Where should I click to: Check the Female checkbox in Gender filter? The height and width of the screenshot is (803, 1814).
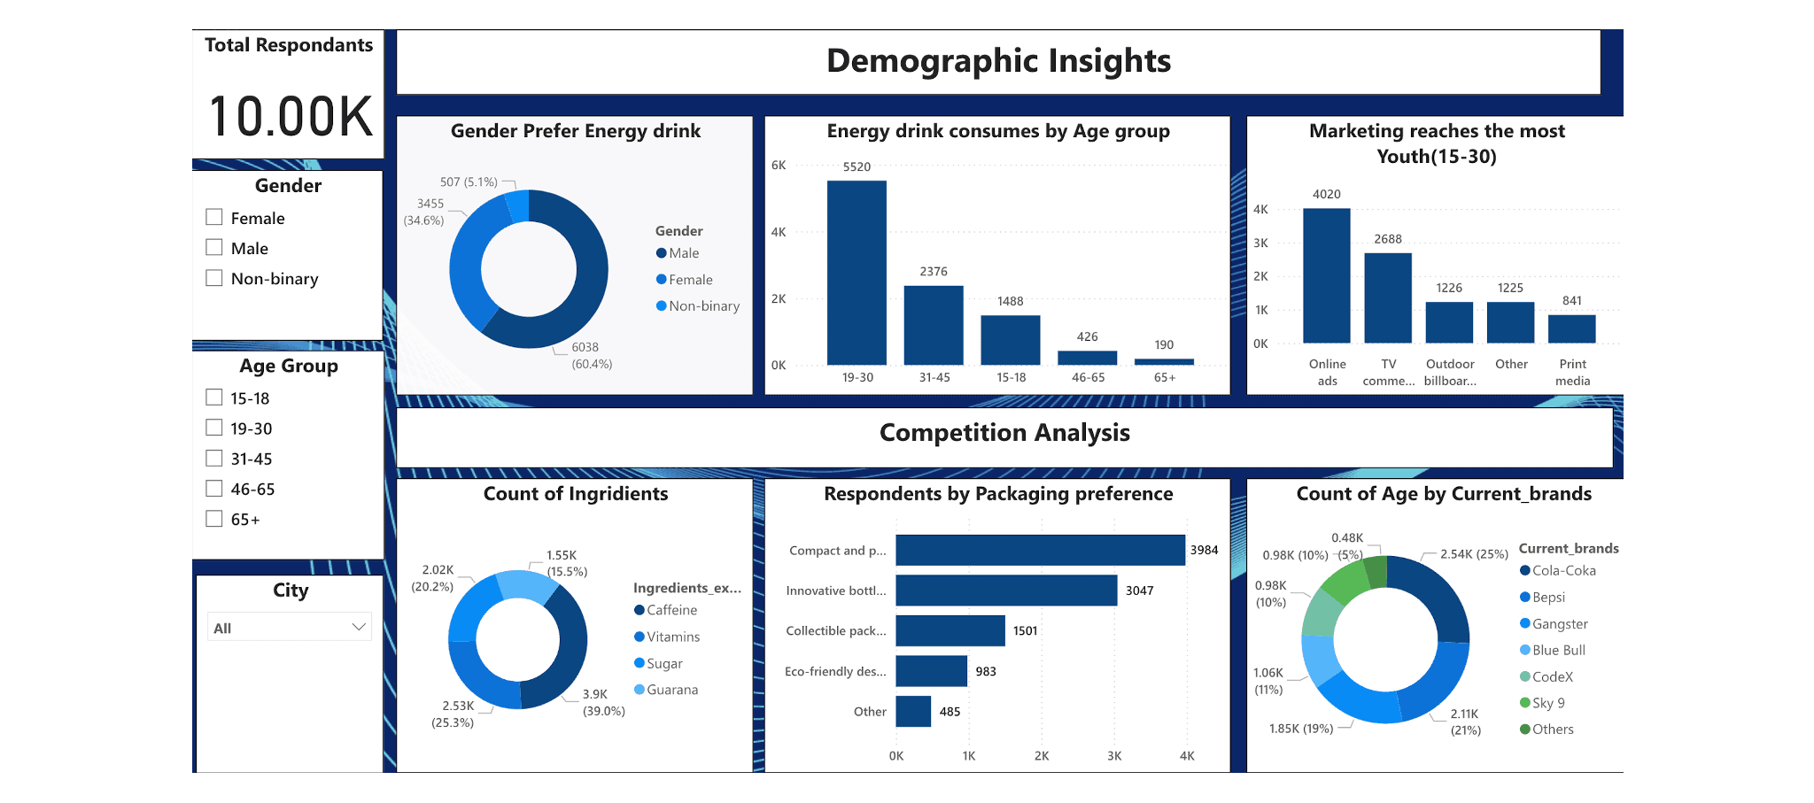(x=214, y=218)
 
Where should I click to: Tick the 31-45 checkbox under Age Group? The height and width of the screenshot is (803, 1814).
(x=214, y=459)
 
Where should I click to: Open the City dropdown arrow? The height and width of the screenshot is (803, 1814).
(x=359, y=628)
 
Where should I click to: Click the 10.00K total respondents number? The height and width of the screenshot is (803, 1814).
(x=291, y=117)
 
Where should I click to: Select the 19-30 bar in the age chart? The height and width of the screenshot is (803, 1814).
(x=857, y=272)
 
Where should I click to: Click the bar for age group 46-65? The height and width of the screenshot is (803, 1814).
(x=1087, y=358)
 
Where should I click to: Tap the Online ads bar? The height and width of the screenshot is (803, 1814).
(x=1326, y=275)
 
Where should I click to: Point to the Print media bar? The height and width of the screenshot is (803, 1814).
(x=1571, y=328)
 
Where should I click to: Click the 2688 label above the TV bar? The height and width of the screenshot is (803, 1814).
(x=1388, y=239)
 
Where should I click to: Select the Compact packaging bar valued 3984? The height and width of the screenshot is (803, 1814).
(x=1040, y=550)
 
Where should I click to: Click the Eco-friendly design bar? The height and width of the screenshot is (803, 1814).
(x=931, y=671)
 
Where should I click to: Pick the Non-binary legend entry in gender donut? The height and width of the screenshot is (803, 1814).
(x=703, y=306)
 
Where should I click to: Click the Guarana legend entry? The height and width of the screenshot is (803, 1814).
(x=671, y=690)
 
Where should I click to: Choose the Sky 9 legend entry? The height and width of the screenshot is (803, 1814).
(x=1547, y=703)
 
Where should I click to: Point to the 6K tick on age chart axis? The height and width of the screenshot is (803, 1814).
(x=779, y=166)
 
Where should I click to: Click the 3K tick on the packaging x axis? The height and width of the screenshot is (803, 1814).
(x=1114, y=756)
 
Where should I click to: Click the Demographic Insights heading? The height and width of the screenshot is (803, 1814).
(x=998, y=61)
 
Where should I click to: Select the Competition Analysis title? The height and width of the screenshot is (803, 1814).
(x=1004, y=433)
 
